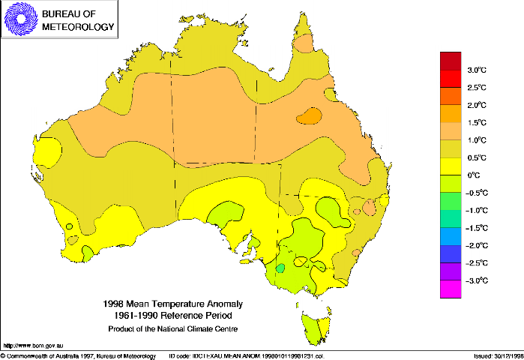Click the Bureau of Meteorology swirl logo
20,20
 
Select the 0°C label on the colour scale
475,175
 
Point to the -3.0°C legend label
476,280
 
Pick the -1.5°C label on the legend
476,228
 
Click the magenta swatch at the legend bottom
450,289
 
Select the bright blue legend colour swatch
450,236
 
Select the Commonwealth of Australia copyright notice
79,355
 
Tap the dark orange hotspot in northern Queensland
309,115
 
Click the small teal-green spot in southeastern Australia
280,268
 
